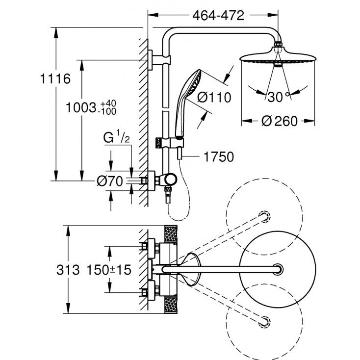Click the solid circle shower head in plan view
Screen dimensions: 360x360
[278, 268]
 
